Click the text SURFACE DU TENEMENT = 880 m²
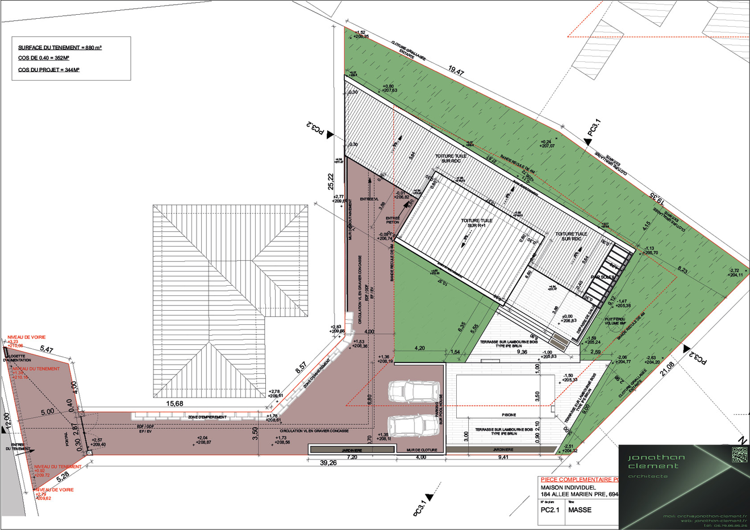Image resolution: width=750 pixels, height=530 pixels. [60, 48]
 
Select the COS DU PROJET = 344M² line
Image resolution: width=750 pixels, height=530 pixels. [48, 70]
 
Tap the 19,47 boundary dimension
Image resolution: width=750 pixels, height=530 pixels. [456, 71]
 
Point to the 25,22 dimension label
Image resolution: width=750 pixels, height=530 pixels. [331, 181]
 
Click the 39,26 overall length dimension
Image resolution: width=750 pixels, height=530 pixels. [328, 463]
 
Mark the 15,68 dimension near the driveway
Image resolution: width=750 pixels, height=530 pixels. [174, 403]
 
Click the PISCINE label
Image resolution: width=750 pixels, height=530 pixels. [509, 415]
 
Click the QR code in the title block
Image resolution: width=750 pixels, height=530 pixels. [739, 454]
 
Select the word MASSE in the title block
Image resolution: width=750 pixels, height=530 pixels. [580, 510]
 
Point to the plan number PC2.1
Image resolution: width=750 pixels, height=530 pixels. [549, 510]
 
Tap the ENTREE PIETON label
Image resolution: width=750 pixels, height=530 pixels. [393, 220]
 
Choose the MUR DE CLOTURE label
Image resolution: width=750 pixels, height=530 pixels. [421, 450]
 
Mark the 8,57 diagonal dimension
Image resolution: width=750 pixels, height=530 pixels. [301, 368]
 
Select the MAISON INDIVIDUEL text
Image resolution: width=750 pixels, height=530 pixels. [568, 487]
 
